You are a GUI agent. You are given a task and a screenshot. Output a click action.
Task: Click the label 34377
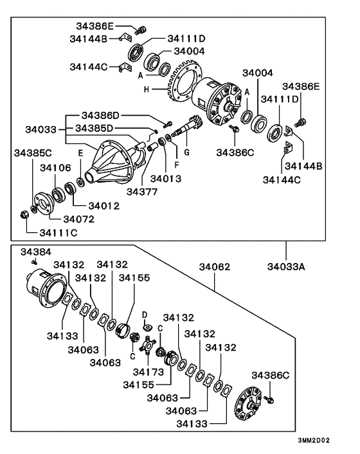click(x=142, y=191)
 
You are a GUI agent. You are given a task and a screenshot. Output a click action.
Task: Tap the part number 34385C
click(x=34, y=153)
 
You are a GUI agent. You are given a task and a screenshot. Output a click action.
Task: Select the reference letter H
click(x=146, y=89)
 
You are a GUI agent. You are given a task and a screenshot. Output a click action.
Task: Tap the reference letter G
click(x=186, y=154)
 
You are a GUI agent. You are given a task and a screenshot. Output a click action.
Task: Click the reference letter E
click(x=80, y=154)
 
